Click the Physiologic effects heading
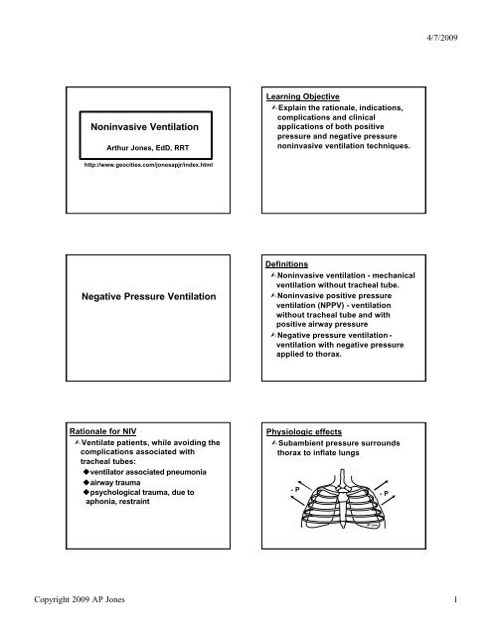[x=305, y=431]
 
